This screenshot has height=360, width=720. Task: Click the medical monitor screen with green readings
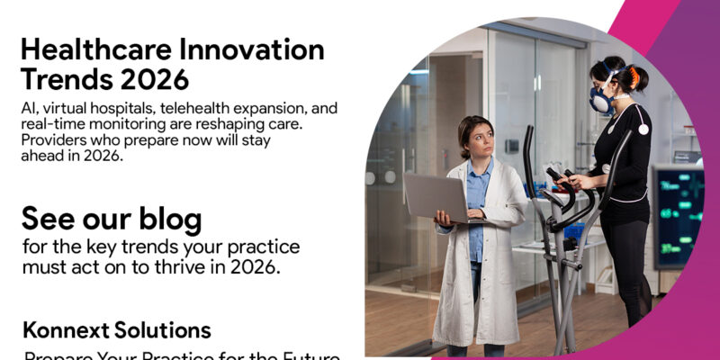click(679, 216)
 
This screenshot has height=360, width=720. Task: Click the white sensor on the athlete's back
click(643, 129)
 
